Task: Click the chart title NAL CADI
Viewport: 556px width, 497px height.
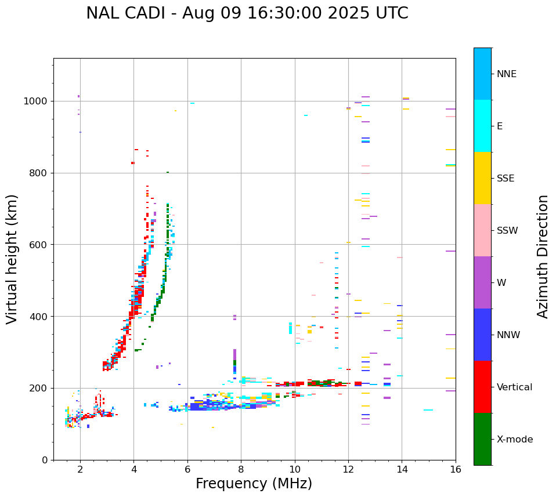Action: pos(247,13)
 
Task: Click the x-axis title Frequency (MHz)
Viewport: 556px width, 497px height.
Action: pos(254,484)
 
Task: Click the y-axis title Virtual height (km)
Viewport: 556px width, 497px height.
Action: pos(12,259)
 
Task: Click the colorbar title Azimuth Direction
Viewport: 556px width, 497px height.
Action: pos(543,256)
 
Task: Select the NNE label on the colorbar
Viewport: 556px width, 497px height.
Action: pos(506,74)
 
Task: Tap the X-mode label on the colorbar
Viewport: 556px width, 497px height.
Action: pos(514,440)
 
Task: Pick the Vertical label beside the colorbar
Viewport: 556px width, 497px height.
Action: pos(514,387)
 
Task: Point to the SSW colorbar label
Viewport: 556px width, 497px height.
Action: pos(507,231)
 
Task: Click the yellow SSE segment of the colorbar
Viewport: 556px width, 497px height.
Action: pos(482,178)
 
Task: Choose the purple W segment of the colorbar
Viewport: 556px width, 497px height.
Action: pos(482,282)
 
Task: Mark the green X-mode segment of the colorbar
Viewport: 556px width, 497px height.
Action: pos(482,439)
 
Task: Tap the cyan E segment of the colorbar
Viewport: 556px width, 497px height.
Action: pos(482,126)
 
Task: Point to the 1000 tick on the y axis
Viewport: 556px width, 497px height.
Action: pos(35,101)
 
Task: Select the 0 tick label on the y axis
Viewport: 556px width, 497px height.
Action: pos(45,460)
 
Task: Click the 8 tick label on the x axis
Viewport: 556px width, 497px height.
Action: pos(241,470)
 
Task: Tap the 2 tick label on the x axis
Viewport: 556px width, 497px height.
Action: pos(80,470)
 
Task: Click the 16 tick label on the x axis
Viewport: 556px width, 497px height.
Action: pos(455,470)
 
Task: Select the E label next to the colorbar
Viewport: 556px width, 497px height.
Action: pos(500,126)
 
